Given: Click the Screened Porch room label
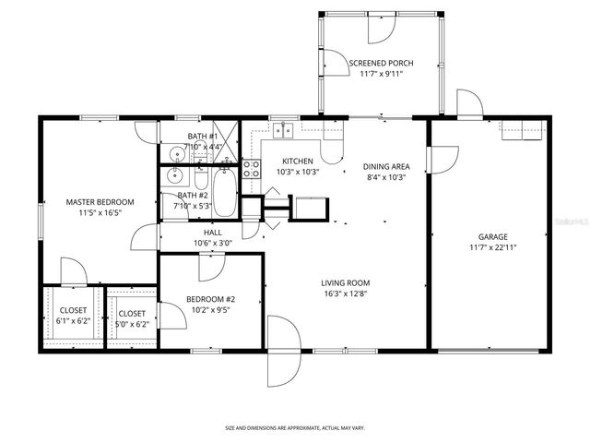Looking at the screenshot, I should pos(381,64).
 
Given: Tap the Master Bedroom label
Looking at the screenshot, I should pos(100,201).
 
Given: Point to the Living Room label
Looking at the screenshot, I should pos(345,282).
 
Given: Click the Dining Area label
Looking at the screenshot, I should pos(385,166).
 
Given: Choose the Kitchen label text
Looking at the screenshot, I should pos(298,161).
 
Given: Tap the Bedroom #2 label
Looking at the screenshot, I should pos(211,299).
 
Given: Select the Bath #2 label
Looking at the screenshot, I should pos(193,195).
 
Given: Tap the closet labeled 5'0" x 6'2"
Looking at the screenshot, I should pos(131,314).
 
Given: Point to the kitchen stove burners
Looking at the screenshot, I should pos(251,168).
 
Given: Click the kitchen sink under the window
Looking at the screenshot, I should pos(284,131).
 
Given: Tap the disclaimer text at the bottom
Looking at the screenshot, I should pos(295,428).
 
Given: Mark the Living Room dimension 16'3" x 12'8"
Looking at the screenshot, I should pos(345,294).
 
